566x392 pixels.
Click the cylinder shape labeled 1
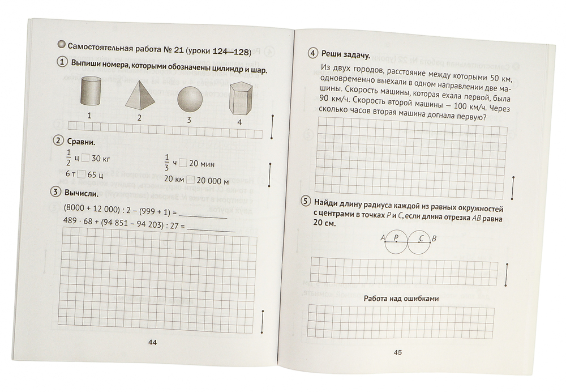click(x=91, y=92)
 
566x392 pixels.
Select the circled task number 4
click(x=312, y=54)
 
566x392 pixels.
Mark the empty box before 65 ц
click(x=82, y=174)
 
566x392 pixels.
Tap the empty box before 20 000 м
click(x=191, y=180)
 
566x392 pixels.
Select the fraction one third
click(x=167, y=162)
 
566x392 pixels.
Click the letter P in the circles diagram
click(x=396, y=238)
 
